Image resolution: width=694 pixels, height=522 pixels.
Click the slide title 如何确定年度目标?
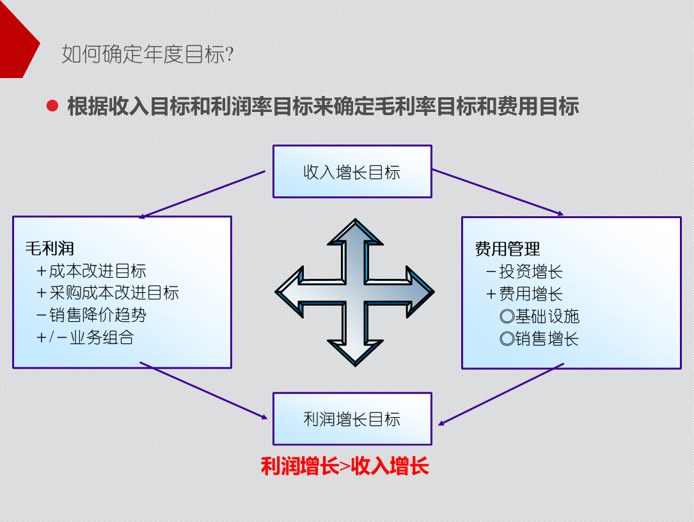pyautogui.click(x=147, y=54)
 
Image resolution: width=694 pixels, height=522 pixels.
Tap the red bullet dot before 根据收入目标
pyautogui.click(x=52, y=106)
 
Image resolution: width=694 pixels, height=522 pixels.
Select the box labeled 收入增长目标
pyautogui.click(x=352, y=171)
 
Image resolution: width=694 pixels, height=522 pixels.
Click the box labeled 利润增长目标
pyautogui.click(x=352, y=419)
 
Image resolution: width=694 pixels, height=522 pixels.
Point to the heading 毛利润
pyautogui.click(x=50, y=248)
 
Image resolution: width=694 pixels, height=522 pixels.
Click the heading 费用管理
pyautogui.click(x=507, y=249)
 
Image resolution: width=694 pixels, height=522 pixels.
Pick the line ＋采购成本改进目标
pyautogui.click(x=107, y=293)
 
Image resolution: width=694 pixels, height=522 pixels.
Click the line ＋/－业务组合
pyautogui.click(x=84, y=337)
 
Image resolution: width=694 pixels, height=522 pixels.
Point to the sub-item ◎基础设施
pyautogui.click(x=539, y=317)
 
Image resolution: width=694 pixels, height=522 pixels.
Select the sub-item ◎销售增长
pyautogui.click(x=539, y=339)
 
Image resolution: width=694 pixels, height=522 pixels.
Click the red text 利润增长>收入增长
pyautogui.click(x=345, y=466)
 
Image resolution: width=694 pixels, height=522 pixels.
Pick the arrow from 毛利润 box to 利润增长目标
pyautogui.click(x=203, y=391)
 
